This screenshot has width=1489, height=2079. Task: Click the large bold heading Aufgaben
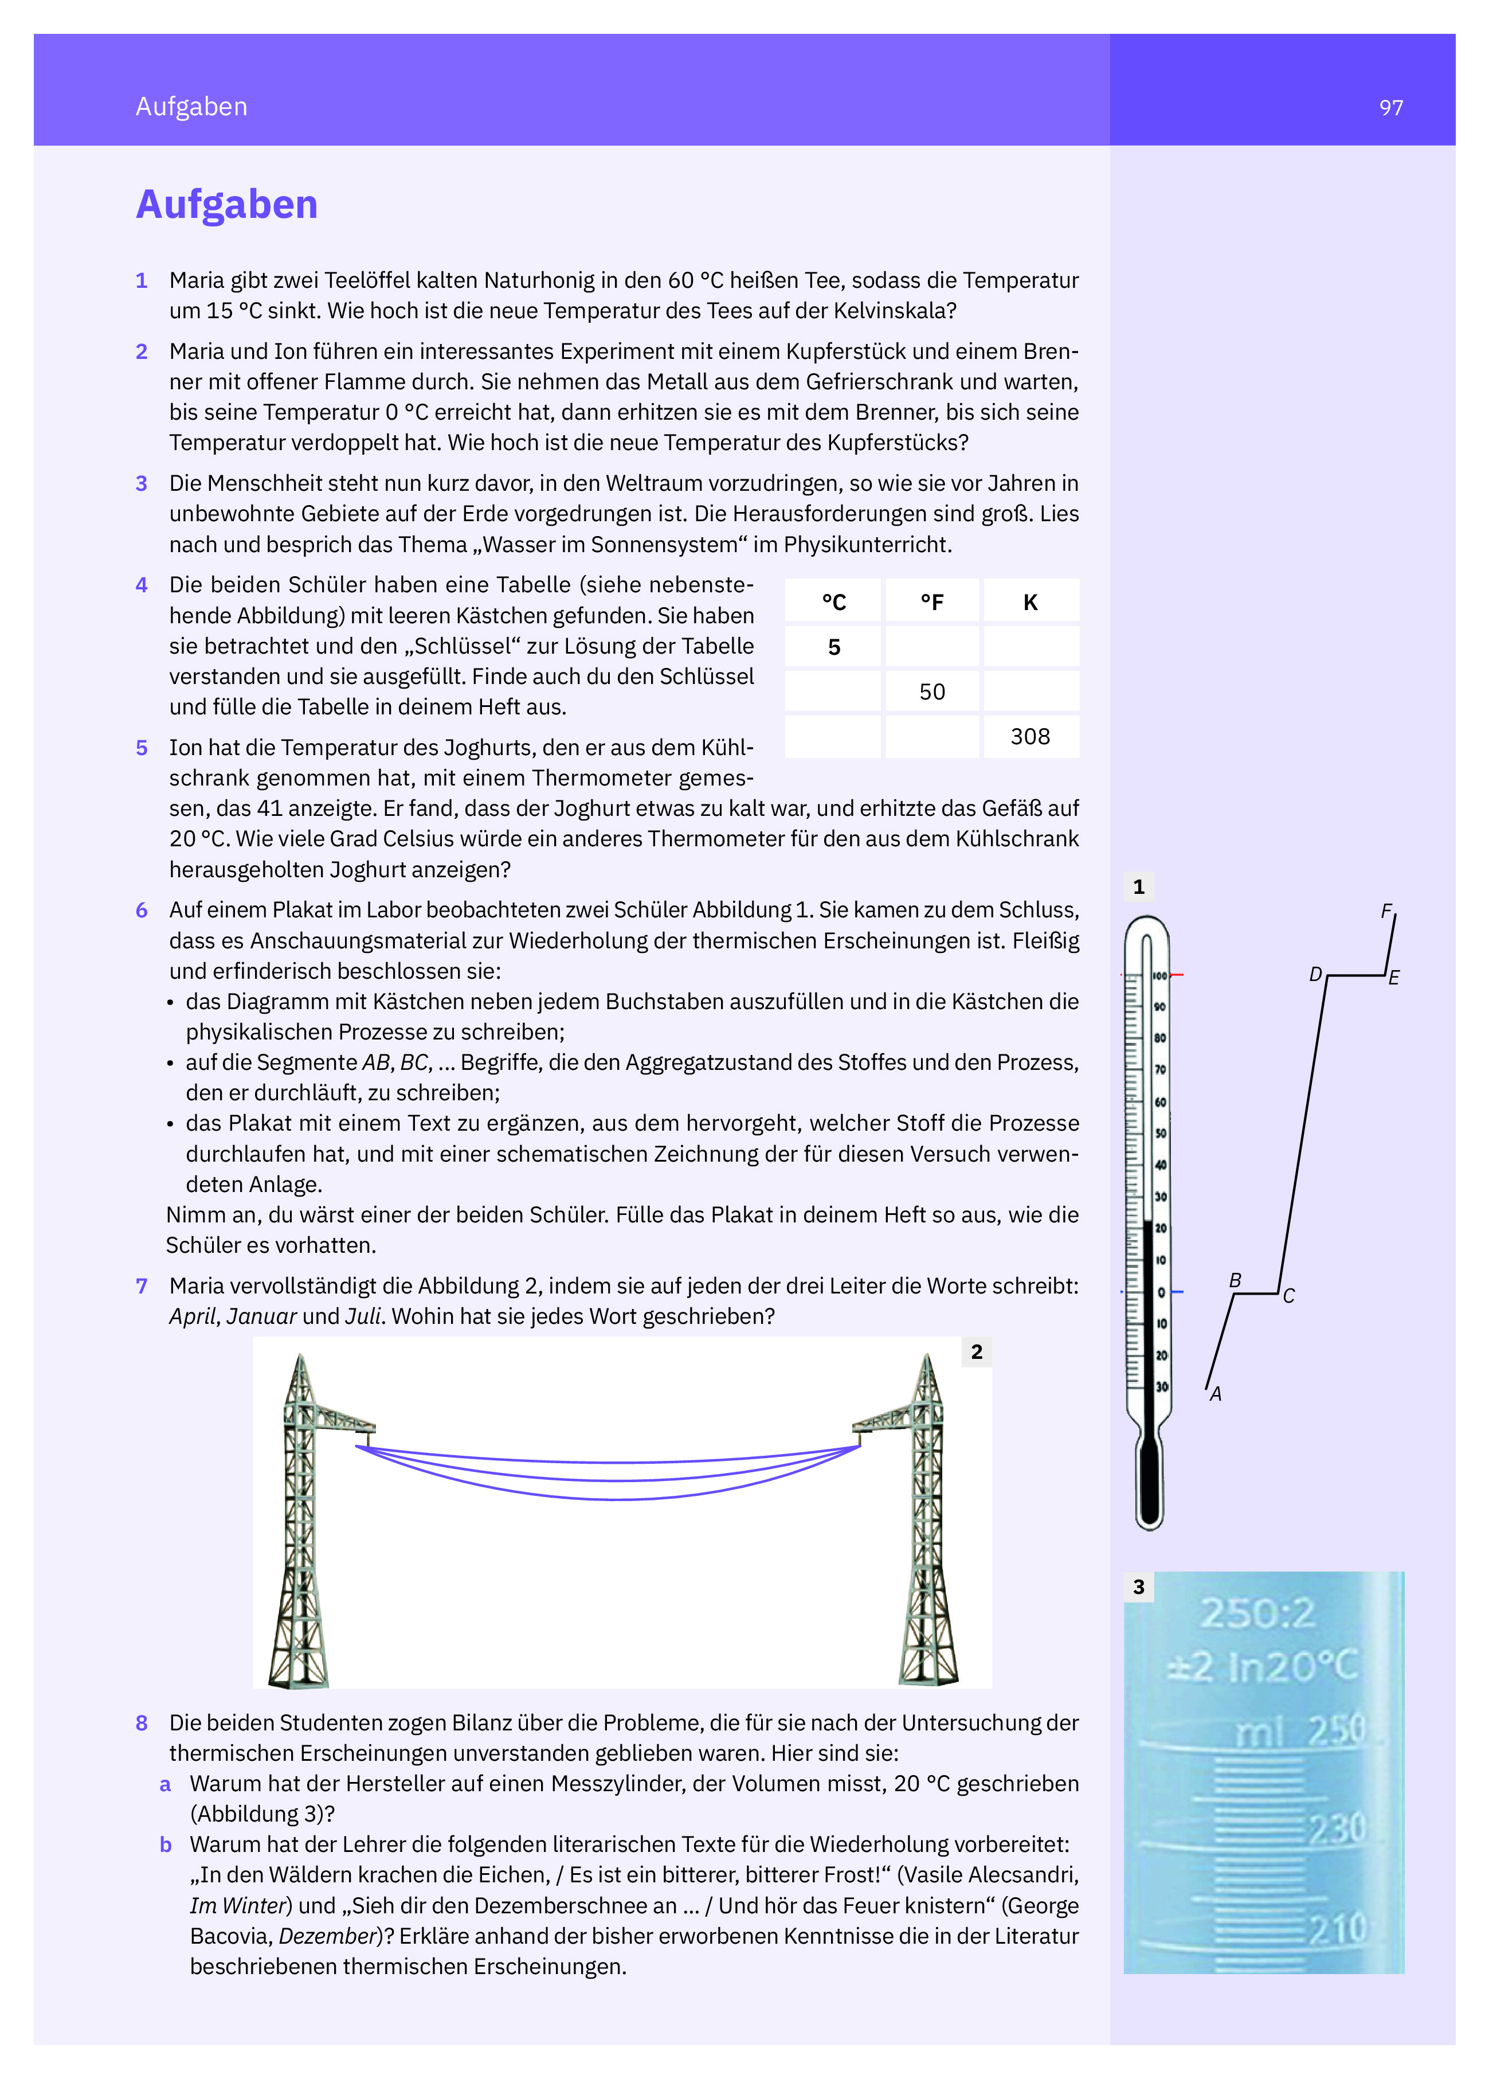coord(226,205)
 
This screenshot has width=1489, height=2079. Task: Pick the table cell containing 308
coord(1030,737)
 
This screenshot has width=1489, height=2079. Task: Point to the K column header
coord(1030,602)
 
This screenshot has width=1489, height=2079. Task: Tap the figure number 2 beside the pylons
coord(977,1352)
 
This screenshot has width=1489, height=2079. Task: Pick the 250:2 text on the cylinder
coord(1257,1614)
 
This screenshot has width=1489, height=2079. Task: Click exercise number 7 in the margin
coord(141,1286)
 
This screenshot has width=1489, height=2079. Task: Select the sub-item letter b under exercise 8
coord(166,1845)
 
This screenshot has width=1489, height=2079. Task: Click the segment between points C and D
coord(1303,1135)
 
